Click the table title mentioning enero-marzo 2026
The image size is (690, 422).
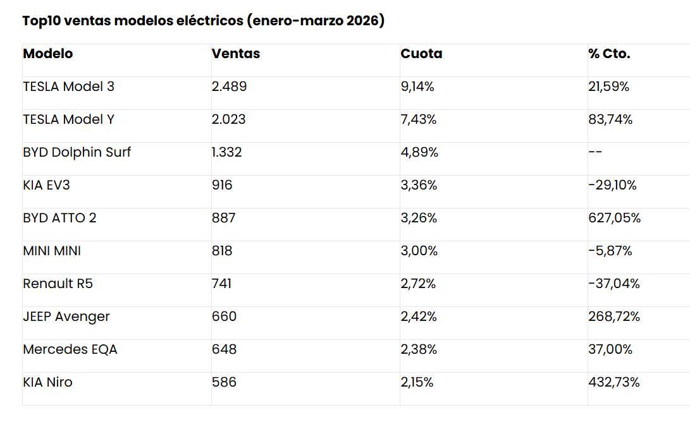click(203, 21)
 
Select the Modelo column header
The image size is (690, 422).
click(48, 54)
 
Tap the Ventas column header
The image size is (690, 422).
click(236, 54)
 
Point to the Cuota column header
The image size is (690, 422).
click(421, 54)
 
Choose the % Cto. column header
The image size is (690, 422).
click(609, 54)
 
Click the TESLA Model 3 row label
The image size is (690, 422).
click(68, 87)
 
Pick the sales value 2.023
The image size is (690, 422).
click(228, 119)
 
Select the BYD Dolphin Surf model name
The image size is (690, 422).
click(77, 152)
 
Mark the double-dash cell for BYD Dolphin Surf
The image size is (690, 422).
click(595, 152)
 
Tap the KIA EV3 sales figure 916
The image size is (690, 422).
click(222, 185)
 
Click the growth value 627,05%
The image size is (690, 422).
click(614, 218)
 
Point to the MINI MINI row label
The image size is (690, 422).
click(52, 251)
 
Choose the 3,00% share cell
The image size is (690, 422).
click(419, 251)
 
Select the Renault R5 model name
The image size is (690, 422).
click(58, 284)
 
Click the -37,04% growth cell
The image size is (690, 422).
click(613, 284)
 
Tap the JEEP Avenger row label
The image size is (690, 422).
click(66, 316)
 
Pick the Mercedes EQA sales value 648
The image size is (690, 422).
click(224, 349)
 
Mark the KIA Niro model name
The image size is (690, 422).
click(47, 382)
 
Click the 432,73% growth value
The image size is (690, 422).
click(613, 382)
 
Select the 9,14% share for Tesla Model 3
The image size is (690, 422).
click(417, 87)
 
